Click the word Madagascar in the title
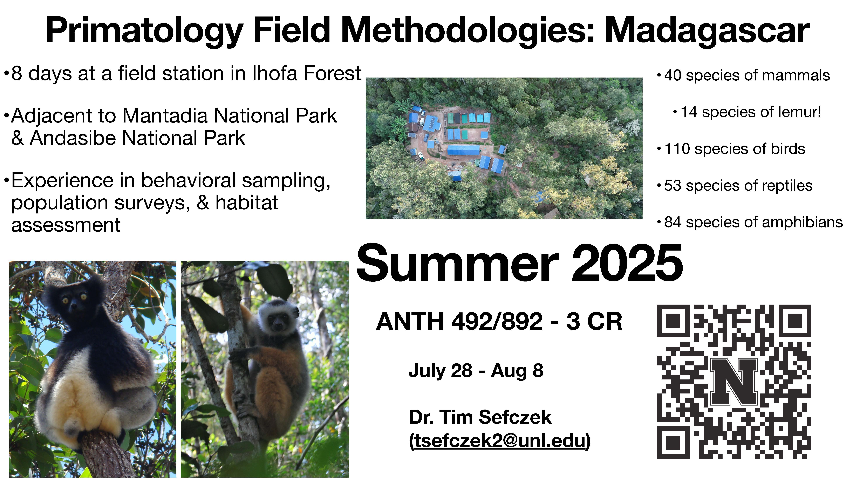point(707,31)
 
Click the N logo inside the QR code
point(734,382)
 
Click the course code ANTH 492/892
point(459,321)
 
